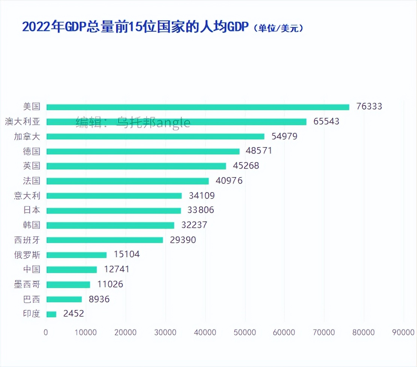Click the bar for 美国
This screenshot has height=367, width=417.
[x=198, y=107]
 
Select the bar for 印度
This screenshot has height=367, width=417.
[x=51, y=314]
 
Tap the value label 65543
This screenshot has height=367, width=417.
[x=326, y=122]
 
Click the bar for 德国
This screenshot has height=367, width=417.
[x=143, y=151]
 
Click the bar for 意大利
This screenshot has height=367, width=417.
[x=114, y=196]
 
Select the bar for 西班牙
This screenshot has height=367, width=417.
[x=104, y=240]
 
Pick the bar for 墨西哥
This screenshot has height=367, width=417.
[x=68, y=284]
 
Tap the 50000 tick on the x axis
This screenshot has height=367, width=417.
[x=245, y=332]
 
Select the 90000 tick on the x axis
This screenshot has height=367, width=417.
[x=403, y=332]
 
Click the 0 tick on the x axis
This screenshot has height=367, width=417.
[x=46, y=332]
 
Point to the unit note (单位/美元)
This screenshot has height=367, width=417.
[x=278, y=28]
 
